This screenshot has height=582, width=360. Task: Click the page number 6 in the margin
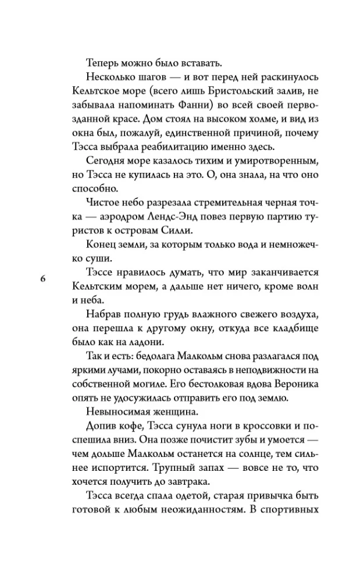[x=43, y=278]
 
